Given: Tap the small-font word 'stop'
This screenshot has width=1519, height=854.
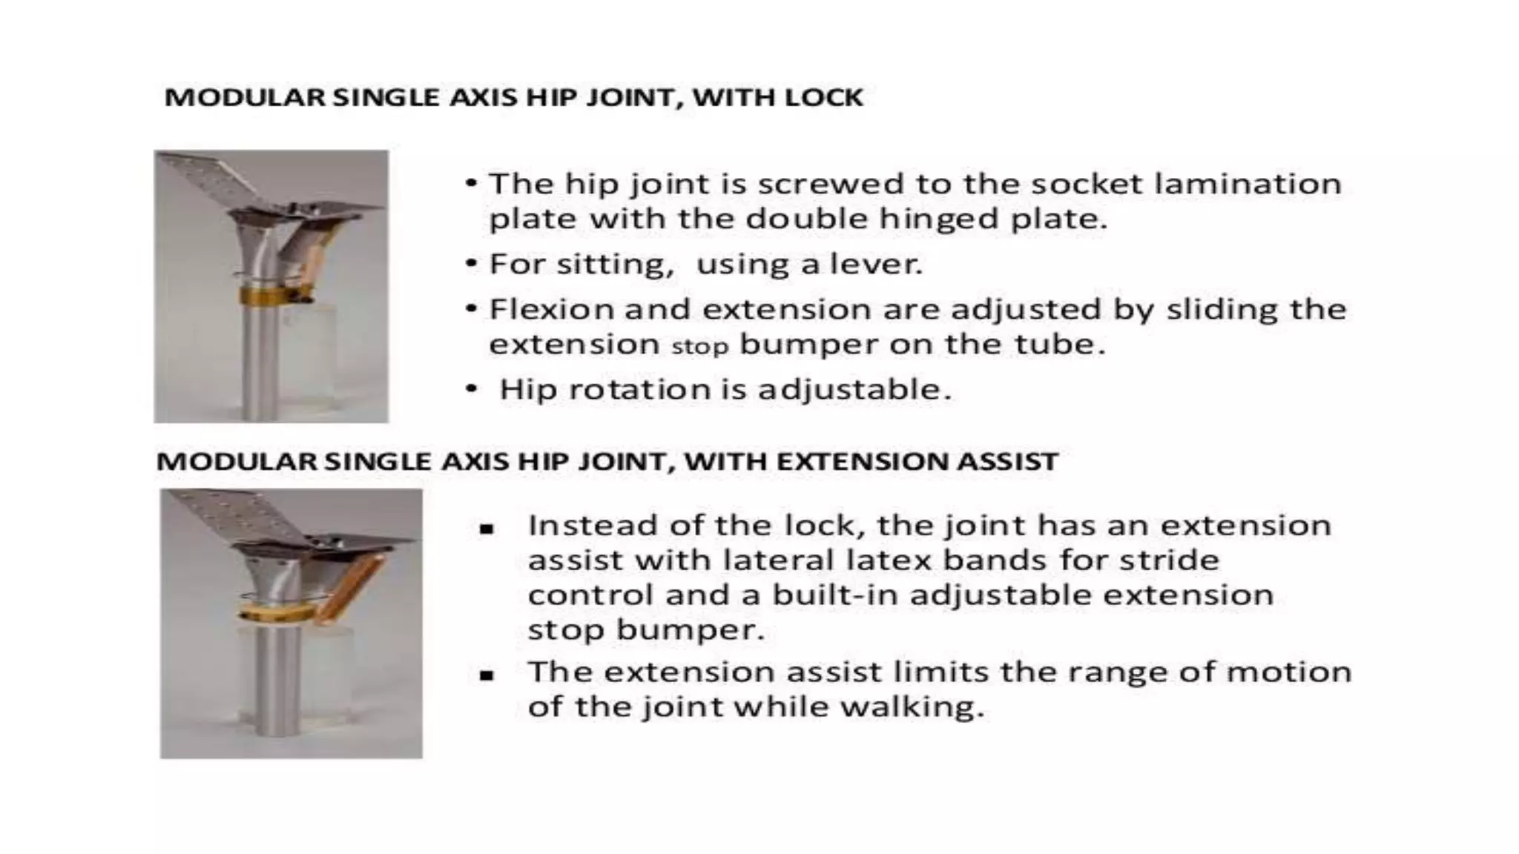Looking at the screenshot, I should (699, 346).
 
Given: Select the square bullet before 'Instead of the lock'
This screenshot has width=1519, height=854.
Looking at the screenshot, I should (487, 529).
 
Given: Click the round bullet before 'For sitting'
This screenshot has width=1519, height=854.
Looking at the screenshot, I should (472, 263).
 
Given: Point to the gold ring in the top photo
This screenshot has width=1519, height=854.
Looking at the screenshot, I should (263, 297).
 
